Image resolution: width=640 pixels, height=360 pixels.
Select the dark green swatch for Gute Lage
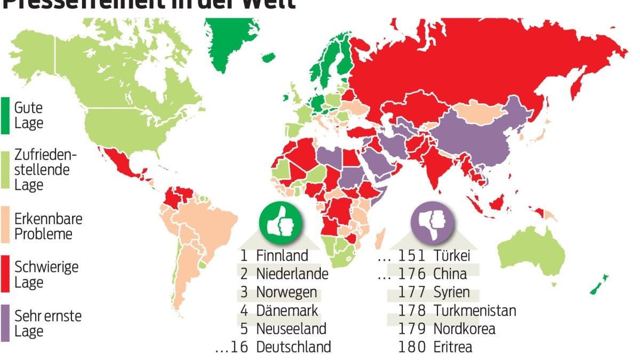click(x=5, y=115)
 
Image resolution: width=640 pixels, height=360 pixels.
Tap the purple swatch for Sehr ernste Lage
click(x=5, y=323)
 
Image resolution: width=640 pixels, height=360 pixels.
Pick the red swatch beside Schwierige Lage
click(x=5, y=274)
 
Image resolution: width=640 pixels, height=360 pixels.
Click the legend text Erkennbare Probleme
click(x=48, y=227)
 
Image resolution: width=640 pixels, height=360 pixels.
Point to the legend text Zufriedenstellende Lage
click(x=45, y=170)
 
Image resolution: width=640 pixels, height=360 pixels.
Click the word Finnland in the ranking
click(x=282, y=255)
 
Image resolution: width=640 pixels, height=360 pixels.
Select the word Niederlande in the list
click(x=292, y=274)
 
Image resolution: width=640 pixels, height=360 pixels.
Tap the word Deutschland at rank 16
click(x=293, y=347)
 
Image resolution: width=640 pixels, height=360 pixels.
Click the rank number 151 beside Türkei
click(x=412, y=255)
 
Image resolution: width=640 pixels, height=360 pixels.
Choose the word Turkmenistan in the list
click(x=475, y=310)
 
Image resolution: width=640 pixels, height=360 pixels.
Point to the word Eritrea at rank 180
click(x=453, y=347)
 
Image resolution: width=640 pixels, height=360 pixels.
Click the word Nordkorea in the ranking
click(x=464, y=329)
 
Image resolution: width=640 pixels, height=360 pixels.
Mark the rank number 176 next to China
click(x=412, y=274)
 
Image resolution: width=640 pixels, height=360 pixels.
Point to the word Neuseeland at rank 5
click(x=291, y=329)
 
